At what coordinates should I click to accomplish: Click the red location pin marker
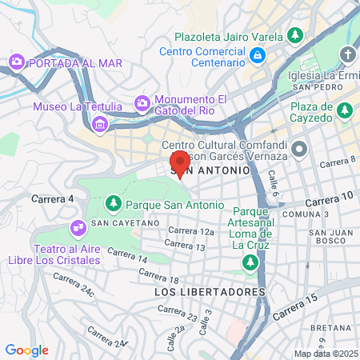pyautogui.click(x=181, y=163)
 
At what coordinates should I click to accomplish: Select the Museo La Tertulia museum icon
pyautogui.click(x=100, y=123)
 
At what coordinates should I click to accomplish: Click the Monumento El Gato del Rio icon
pyautogui.click(x=142, y=102)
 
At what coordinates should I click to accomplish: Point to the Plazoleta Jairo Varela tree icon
pyautogui.click(x=295, y=36)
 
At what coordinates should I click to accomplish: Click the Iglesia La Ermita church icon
pyautogui.click(x=347, y=54)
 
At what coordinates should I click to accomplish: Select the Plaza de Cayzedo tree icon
pyautogui.click(x=345, y=109)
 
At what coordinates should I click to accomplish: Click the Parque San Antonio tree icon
pyautogui.click(x=113, y=205)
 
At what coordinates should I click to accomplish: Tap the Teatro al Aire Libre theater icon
pyautogui.click(x=78, y=229)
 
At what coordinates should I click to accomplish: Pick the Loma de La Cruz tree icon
pyautogui.click(x=250, y=262)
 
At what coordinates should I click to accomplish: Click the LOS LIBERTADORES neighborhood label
pyautogui.click(x=209, y=293)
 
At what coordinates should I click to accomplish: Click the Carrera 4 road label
pyautogui.click(x=52, y=198)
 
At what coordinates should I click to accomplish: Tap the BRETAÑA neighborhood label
pyautogui.click(x=330, y=328)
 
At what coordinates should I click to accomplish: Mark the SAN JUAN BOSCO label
pyautogui.click(x=327, y=238)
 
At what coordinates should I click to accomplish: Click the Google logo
pyautogui.click(x=26, y=350)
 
